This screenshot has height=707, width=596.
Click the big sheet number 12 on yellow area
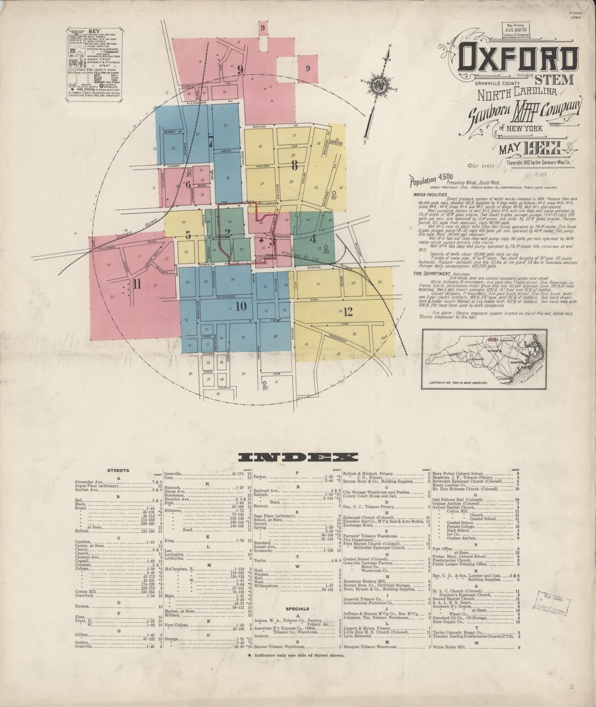[x=348, y=312]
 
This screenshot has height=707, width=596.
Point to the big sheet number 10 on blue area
[x=241, y=306]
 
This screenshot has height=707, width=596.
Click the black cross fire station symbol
[x=261, y=240]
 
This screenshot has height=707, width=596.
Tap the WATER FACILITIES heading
[x=430, y=194]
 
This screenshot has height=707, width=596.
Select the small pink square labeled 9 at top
[x=262, y=28]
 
